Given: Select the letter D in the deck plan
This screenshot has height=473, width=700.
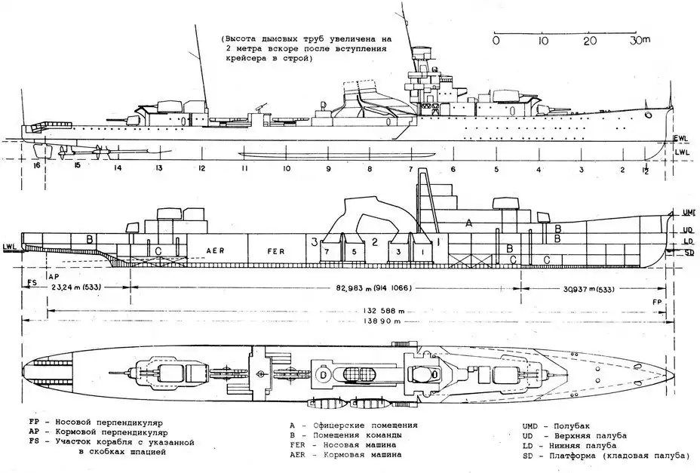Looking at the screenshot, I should tap(323, 374).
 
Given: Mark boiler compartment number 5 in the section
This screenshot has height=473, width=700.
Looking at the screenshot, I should tap(353, 250).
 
